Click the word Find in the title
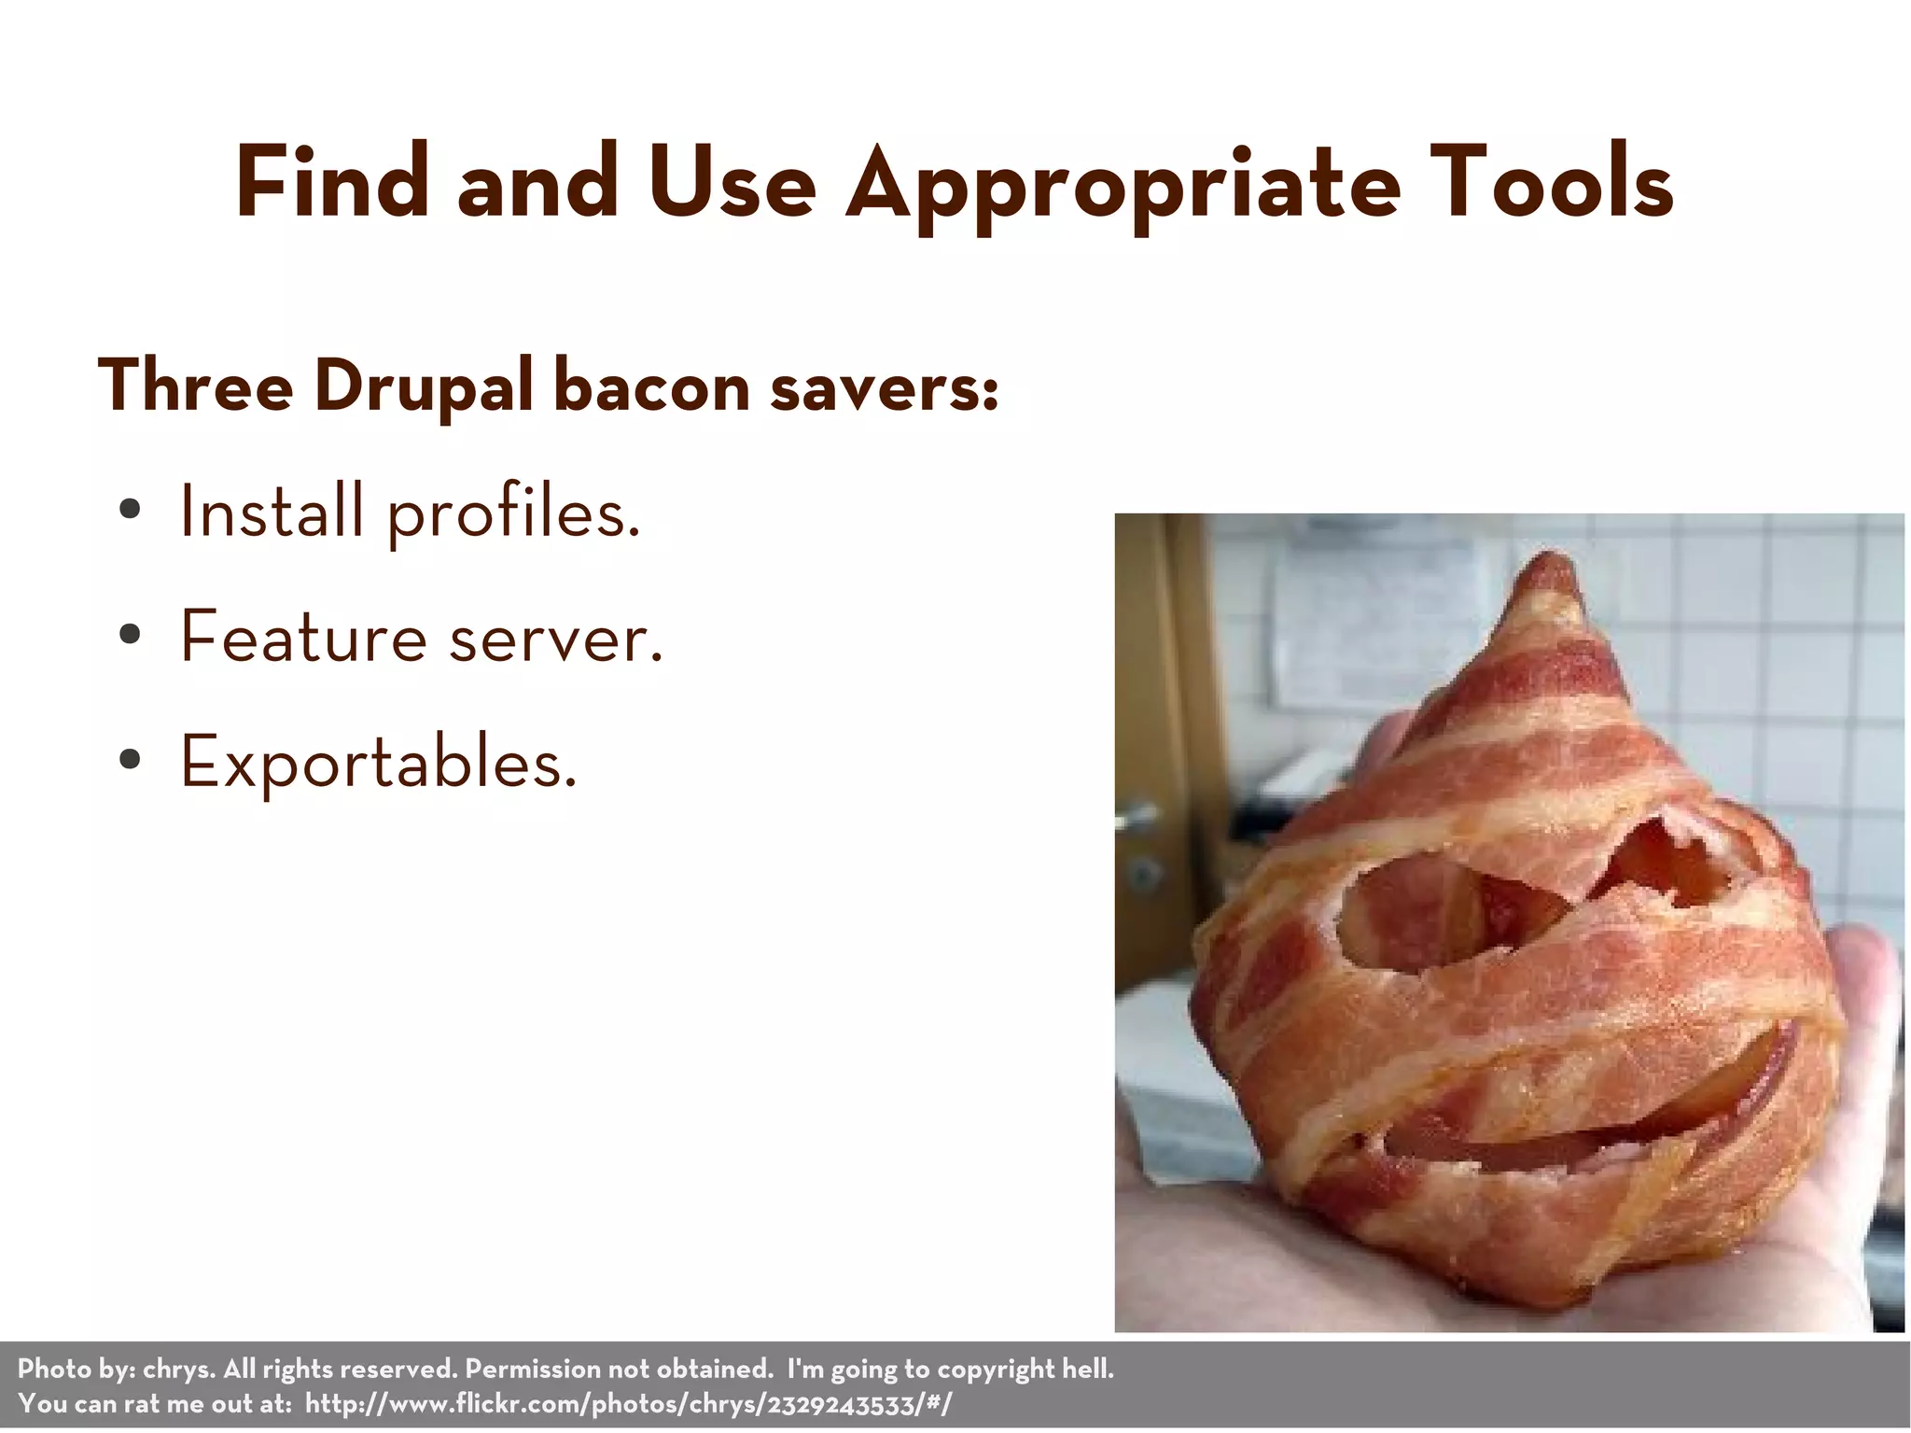pos(331,182)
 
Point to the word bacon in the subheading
pos(651,386)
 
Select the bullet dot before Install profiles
pos(131,511)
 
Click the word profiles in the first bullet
pos(513,514)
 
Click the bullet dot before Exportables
pos(131,760)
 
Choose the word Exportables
pos(378,763)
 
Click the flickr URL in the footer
pos(628,1403)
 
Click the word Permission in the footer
pos(533,1370)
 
